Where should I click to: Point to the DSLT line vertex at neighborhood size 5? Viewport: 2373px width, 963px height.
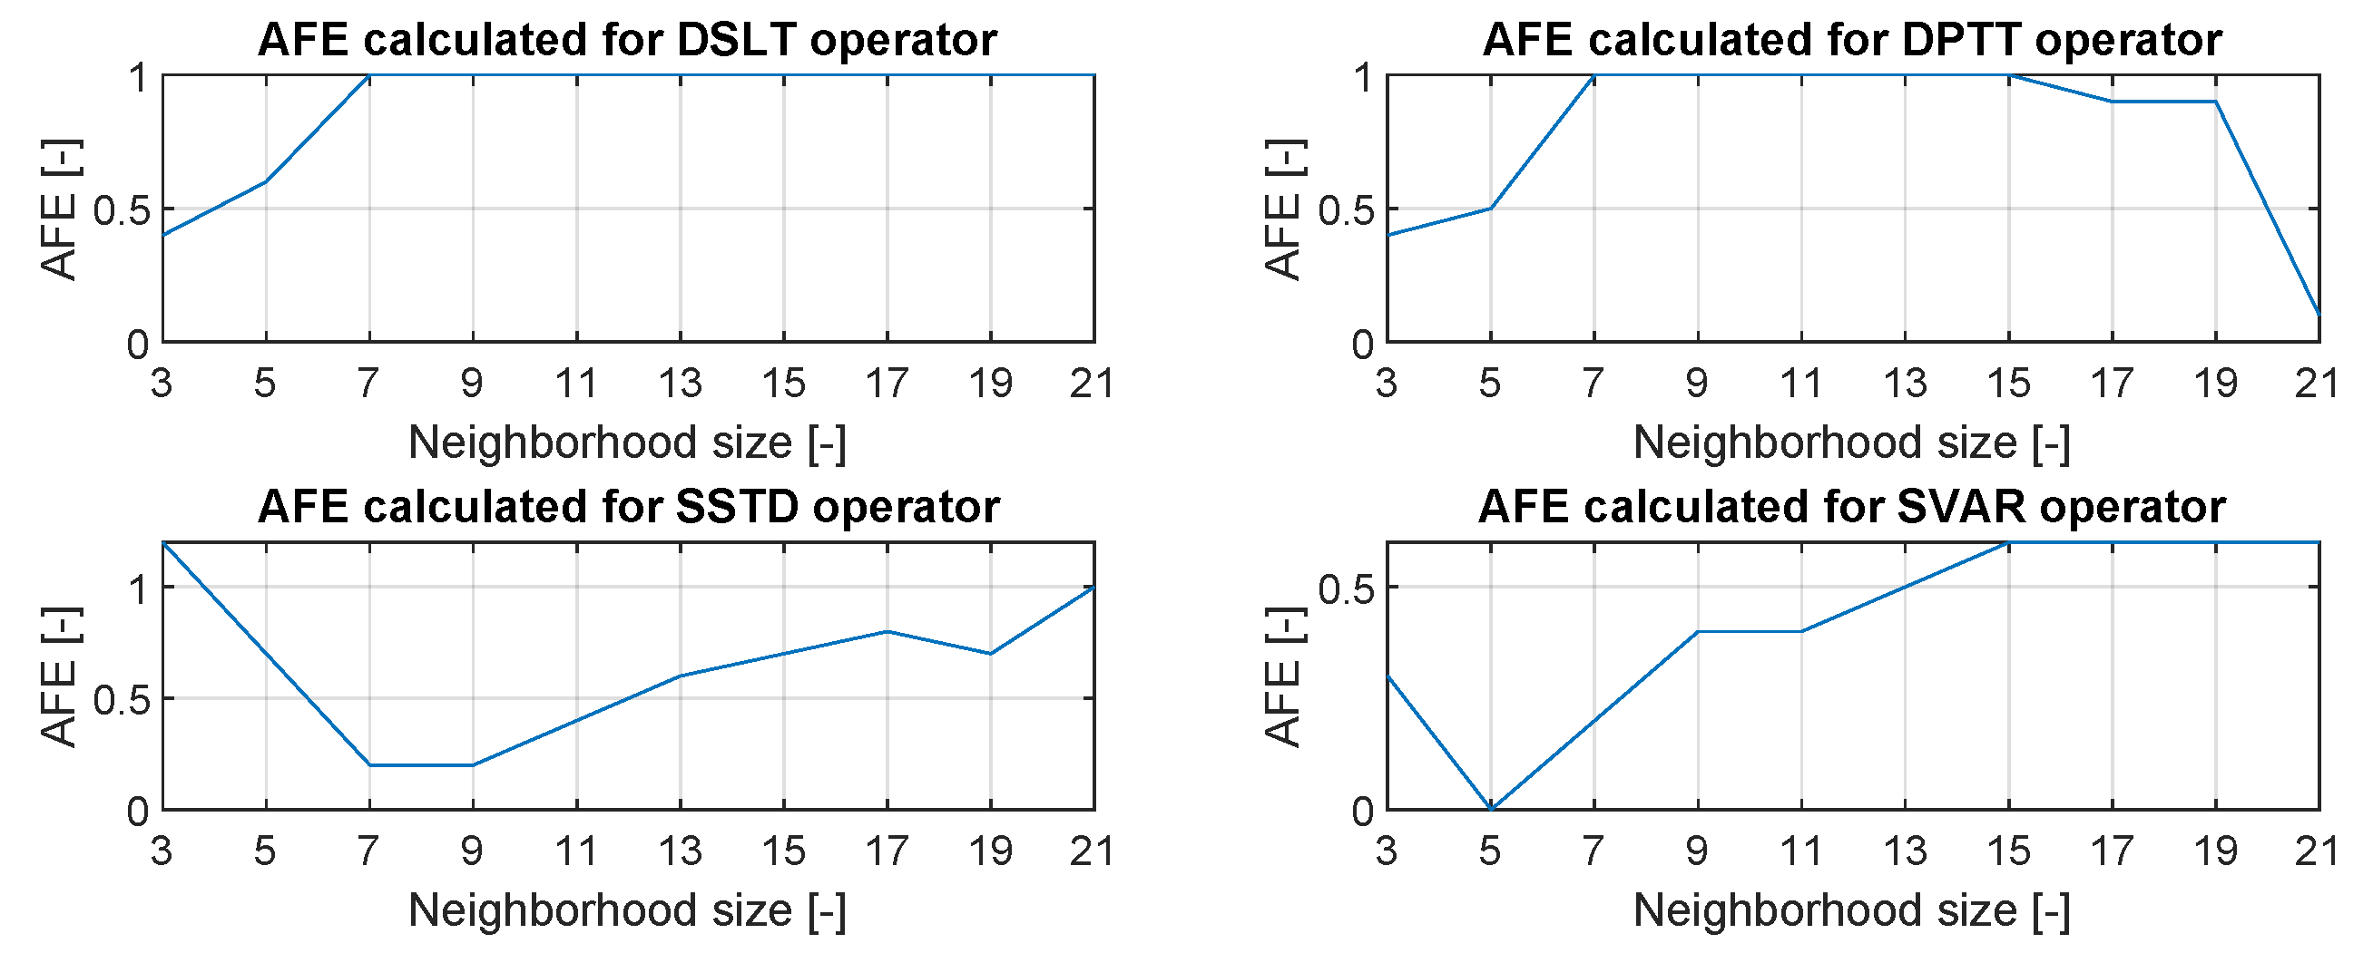click(266, 181)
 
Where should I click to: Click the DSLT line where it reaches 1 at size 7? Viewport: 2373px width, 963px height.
click(369, 75)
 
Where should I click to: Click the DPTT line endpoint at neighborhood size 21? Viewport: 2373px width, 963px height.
click(2319, 315)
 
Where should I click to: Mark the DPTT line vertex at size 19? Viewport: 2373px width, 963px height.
click(2215, 102)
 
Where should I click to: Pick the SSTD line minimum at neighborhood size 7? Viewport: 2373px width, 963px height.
click(369, 765)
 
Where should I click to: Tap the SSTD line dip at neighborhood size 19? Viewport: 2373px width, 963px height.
click(990, 654)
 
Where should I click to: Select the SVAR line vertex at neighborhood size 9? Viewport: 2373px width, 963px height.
click(1698, 631)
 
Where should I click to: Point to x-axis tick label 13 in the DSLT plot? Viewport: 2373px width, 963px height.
click(680, 383)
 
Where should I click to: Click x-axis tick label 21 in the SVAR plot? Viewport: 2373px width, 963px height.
click(2317, 851)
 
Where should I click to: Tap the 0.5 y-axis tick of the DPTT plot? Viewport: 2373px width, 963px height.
click(1345, 209)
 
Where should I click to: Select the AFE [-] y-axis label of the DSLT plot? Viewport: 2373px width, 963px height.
click(60, 209)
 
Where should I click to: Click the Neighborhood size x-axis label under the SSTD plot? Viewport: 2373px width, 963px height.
click(626, 910)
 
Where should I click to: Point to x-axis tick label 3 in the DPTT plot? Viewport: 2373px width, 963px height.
click(1387, 383)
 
